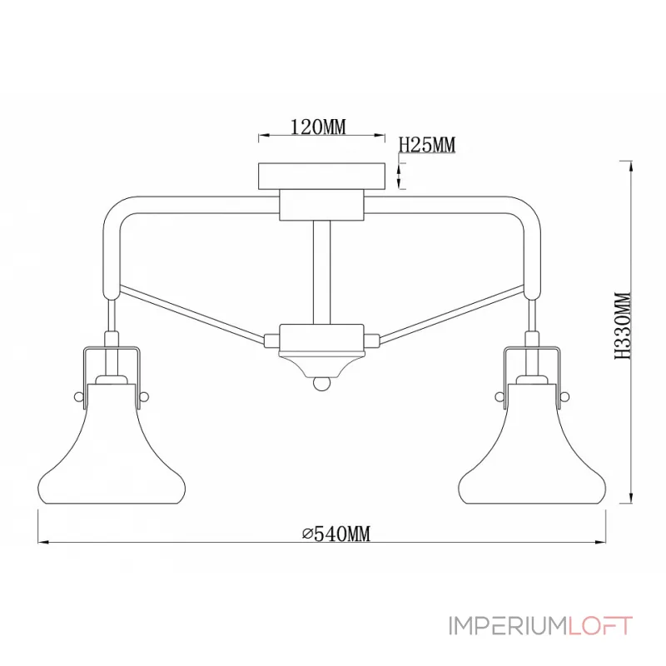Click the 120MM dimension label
[318, 127]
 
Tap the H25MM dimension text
[427, 145]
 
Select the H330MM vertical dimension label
[623, 326]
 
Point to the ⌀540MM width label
[336, 534]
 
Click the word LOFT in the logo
[600, 626]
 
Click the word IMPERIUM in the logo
[509, 626]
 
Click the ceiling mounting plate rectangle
[322, 176]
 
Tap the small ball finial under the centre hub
[321, 384]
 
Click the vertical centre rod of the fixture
[321, 273]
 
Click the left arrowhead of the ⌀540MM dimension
[42, 543]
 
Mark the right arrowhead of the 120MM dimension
[380, 136]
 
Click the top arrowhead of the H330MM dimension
[632, 166]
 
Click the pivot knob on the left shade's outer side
[78, 397]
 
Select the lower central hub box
[321, 339]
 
